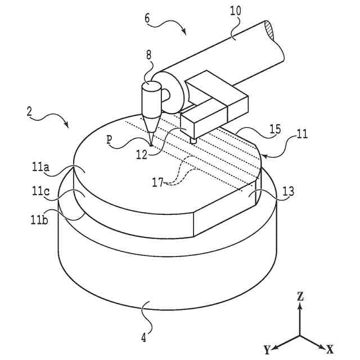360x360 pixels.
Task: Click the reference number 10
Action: (236, 11)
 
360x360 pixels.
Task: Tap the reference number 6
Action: (147, 17)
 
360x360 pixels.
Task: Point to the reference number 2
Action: (29, 111)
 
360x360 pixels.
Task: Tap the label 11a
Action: (41, 167)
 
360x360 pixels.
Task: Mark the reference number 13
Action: (289, 192)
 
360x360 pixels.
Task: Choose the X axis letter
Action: (330, 349)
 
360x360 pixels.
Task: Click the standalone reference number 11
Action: (302, 134)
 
